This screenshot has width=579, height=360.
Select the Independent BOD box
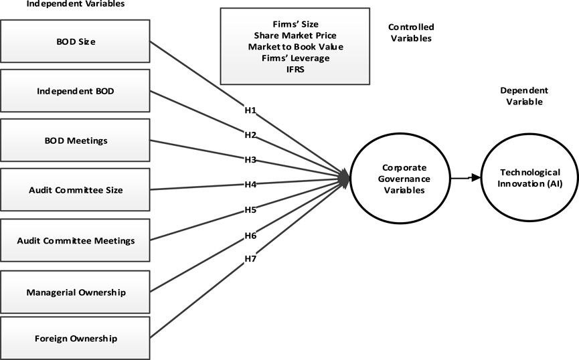tap(75, 90)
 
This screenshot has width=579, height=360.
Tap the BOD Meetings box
tap(75, 141)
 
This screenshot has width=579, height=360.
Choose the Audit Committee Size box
tap(75, 190)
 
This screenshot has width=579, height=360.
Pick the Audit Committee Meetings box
tap(75, 240)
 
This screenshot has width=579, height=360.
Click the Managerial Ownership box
tap(75, 292)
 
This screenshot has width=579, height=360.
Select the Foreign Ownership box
tap(75, 338)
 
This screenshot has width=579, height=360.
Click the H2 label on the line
tap(250, 134)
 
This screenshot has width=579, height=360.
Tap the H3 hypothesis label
tap(250, 160)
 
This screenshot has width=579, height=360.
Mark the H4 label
tap(250, 184)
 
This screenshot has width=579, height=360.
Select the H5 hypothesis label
tap(250, 209)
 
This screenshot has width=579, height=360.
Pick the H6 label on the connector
tap(250, 236)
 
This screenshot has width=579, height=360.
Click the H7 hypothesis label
tap(250, 259)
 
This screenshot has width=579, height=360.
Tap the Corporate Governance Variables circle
tap(400, 179)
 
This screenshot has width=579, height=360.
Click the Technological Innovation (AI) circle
tap(529, 179)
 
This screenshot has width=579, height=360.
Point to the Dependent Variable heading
tap(524, 96)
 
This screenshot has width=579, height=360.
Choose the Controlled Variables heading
tap(411, 33)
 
